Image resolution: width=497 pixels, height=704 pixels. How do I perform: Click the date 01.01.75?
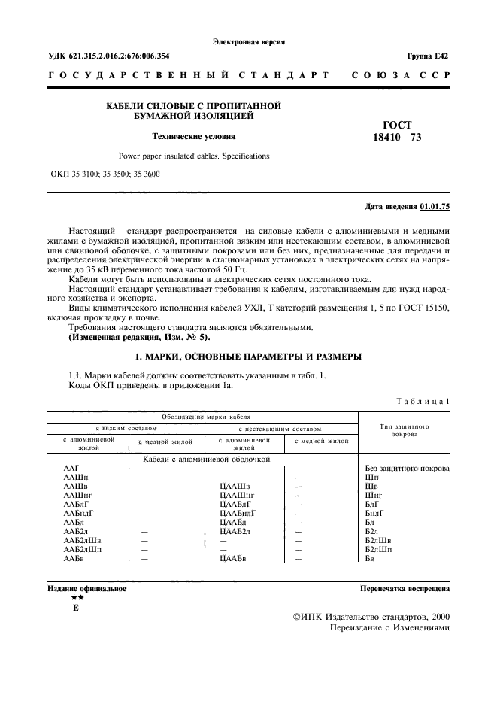pyautogui.click(x=435, y=206)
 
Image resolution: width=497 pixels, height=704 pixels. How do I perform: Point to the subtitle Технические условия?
pyautogui.click(x=194, y=137)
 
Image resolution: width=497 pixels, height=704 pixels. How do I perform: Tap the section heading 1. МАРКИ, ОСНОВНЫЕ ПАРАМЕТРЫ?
pyautogui.click(x=248, y=356)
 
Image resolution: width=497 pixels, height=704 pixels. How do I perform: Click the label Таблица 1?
pyautogui.click(x=425, y=402)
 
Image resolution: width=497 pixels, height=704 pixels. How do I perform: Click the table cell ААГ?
pyautogui.click(x=72, y=468)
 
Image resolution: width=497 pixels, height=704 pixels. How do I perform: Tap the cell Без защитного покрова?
pyautogui.click(x=407, y=468)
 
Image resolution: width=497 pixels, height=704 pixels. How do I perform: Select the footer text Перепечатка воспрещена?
pyautogui.click(x=405, y=588)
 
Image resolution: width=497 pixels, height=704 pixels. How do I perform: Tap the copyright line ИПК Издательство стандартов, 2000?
pyautogui.click(x=369, y=616)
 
